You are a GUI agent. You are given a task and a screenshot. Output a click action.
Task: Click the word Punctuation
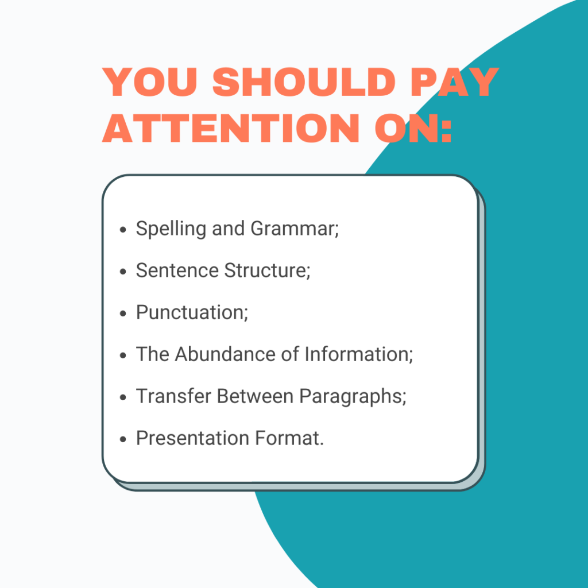[191, 313]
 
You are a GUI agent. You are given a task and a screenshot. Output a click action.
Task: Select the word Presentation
[184, 438]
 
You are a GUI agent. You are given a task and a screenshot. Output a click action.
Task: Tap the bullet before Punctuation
[123, 314]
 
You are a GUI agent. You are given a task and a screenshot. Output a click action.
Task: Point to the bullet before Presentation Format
[123, 439]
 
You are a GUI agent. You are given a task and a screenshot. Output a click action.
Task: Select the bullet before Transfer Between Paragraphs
[123, 397]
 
